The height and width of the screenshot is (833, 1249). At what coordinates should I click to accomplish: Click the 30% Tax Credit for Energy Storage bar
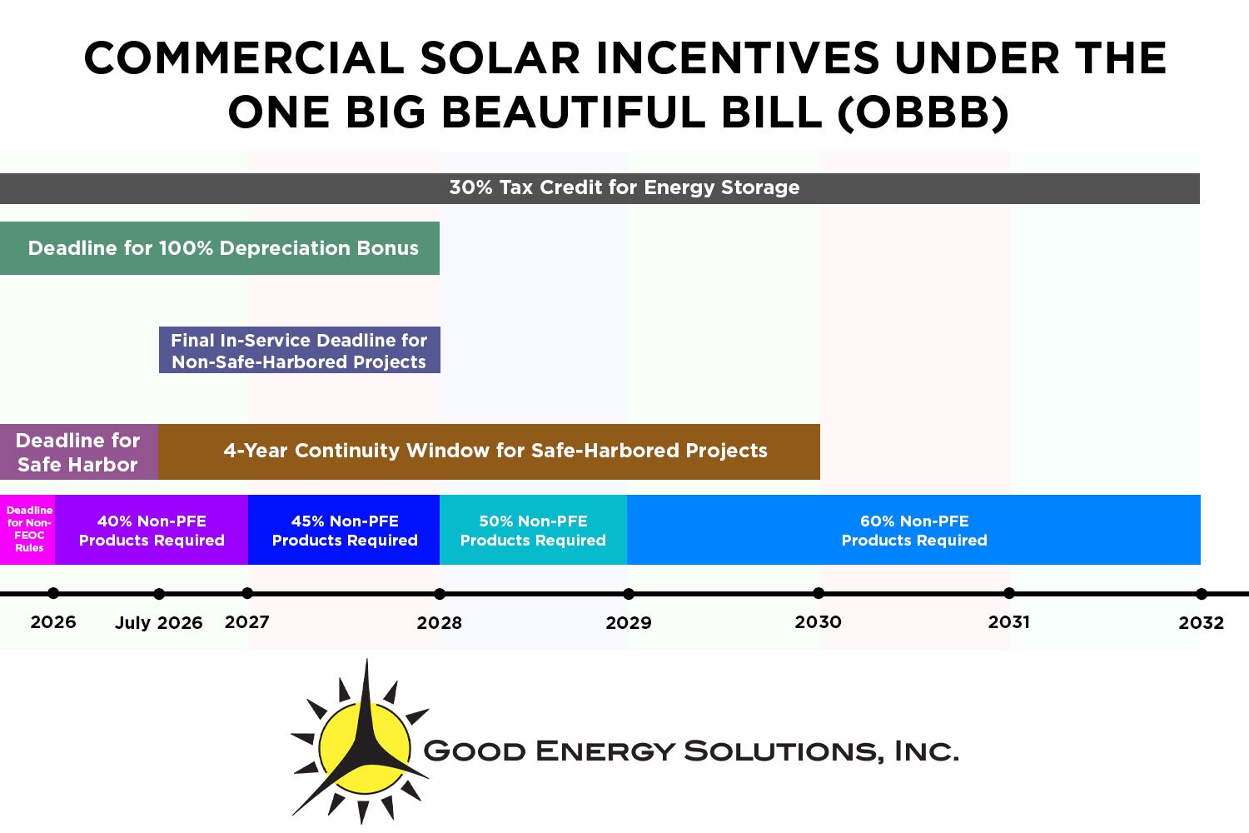point(624,188)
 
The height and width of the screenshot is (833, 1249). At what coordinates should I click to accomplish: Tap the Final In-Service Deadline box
point(299,351)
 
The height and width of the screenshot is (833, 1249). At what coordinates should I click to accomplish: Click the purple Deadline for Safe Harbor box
point(78,452)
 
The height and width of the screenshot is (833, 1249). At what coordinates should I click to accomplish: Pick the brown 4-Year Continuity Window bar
point(495,451)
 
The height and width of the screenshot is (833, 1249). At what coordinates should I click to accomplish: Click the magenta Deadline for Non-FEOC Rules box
point(28,530)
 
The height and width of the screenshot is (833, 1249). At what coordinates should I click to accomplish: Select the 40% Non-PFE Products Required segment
point(152,531)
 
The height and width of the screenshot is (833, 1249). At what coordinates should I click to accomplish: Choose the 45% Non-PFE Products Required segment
point(344,531)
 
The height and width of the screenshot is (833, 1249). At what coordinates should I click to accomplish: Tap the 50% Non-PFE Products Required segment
point(533,531)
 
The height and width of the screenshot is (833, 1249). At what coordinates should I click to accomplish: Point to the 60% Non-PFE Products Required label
point(913,531)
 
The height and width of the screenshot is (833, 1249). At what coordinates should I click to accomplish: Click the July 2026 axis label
point(158,623)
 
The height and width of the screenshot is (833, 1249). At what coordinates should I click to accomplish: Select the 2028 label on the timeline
point(439,623)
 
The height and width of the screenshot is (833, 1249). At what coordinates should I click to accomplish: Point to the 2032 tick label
point(1201,623)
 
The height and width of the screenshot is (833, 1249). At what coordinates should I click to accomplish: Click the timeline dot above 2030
point(819,593)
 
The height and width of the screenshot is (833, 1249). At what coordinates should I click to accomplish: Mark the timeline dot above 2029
point(629,594)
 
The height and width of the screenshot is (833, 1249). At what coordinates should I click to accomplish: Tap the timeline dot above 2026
point(53,593)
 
